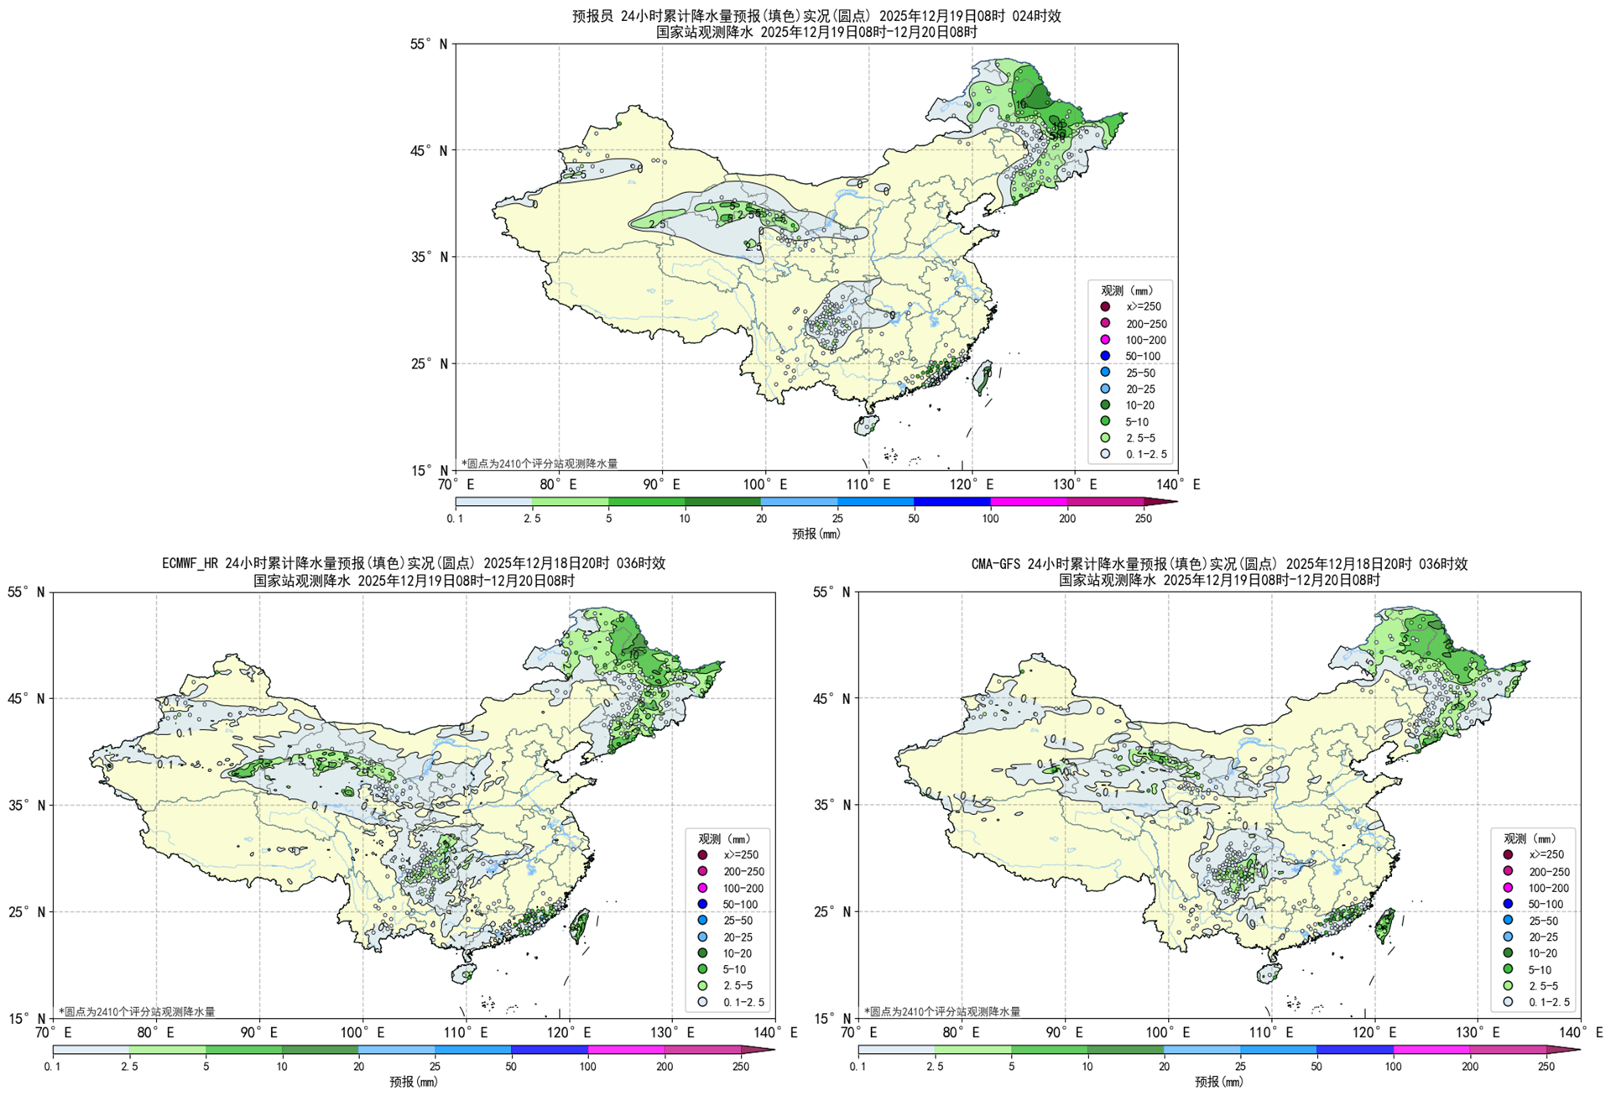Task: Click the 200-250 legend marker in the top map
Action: (x=1105, y=323)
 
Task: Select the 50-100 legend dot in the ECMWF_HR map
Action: (x=702, y=904)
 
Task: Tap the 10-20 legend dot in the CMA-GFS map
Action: (x=1508, y=952)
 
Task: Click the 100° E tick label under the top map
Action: (x=764, y=484)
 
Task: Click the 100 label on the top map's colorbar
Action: (x=990, y=519)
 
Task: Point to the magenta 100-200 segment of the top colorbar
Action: (x=1029, y=502)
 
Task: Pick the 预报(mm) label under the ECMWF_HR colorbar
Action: (x=413, y=1082)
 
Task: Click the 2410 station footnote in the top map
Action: (x=540, y=463)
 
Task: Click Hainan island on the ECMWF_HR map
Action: (x=462, y=973)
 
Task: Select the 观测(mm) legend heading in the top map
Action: (x=1127, y=290)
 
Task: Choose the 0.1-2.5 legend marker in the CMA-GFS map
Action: (x=1508, y=1001)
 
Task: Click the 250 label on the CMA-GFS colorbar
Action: (x=1546, y=1067)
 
